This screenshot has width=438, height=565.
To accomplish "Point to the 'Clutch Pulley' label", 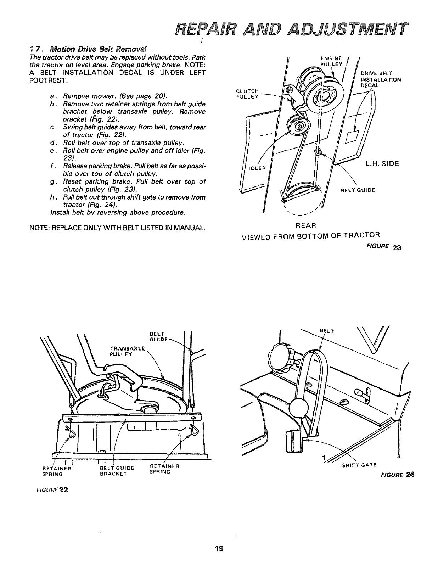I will tap(248, 93).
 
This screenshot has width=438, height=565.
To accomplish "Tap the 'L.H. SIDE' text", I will tap(382, 163).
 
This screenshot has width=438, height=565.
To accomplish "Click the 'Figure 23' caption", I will tap(386, 247).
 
